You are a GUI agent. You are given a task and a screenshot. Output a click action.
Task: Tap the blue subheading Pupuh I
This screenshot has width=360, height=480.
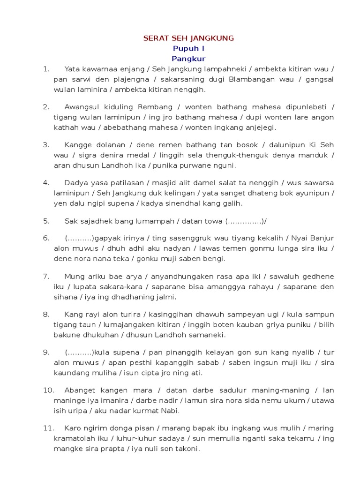188,48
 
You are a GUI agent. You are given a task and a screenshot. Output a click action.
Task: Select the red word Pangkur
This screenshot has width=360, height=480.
188,59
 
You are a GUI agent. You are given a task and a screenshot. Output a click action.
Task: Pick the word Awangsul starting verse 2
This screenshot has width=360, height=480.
80,107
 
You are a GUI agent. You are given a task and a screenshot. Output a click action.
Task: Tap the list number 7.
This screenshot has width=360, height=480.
46,276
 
